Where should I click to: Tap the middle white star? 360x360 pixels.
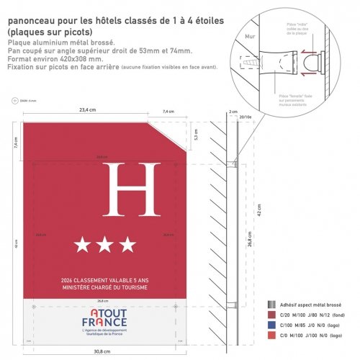[104, 246]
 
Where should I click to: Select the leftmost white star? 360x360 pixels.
[82, 246]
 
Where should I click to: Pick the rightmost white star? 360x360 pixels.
[127, 246]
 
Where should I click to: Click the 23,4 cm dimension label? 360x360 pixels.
[87, 111]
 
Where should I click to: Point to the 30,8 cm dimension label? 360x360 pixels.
[102, 351]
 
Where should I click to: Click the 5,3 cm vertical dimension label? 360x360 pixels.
[194, 134]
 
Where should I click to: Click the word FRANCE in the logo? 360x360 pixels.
[104, 322]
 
